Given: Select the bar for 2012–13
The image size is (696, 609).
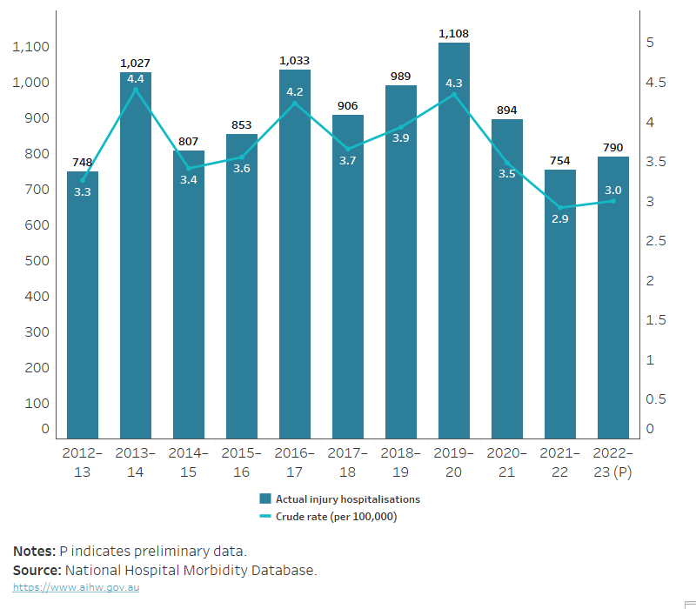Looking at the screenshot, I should [x=83, y=304].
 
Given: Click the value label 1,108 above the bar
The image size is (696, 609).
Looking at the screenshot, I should [x=454, y=32].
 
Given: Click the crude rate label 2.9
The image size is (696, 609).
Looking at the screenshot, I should [x=560, y=220].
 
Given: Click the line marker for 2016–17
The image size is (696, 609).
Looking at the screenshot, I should [x=295, y=103].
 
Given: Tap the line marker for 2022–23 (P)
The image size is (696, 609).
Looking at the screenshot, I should [x=613, y=201].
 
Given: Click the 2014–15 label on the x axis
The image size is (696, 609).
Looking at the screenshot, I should [x=189, y=462].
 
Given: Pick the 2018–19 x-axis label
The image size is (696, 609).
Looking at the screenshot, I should [x=401, y=462].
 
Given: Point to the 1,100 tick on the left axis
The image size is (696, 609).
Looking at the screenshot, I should [x=31, y=47].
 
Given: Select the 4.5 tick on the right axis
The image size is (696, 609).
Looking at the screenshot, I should [x=656, y=83].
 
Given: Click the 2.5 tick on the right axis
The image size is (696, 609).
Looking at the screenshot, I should [x=656, y=241].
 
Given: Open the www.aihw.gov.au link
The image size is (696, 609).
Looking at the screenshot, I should [x=76, y=588].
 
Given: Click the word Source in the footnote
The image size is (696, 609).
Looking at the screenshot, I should [x=35, y=571].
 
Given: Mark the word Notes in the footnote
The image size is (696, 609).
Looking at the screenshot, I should [x=33, y=552].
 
